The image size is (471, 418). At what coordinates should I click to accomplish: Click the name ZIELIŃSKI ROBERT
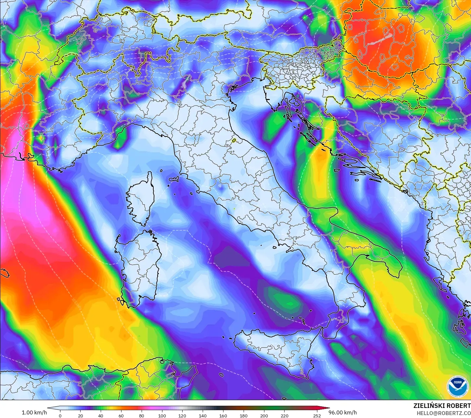tap(442, 406)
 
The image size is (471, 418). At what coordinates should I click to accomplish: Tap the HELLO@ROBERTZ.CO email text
tap(444, 413)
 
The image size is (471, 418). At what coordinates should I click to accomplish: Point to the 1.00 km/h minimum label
tap(34, 412)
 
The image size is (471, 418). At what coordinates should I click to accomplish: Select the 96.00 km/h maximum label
tap(342, 412)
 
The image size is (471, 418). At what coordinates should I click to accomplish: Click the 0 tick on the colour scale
tap(60, 415)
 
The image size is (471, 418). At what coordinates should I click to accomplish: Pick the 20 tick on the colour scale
tap(81, 415)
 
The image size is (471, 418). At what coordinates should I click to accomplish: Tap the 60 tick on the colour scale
tap(121, 415)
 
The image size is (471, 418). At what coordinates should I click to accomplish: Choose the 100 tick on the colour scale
tap(162, 415)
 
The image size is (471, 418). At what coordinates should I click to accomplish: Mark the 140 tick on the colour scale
tap(203, 415)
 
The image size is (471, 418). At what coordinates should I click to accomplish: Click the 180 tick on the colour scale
tap(244, 415)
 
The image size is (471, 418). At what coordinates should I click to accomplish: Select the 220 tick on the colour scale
tap(284, 415)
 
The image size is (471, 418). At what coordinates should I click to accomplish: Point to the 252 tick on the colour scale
tap(317, 415)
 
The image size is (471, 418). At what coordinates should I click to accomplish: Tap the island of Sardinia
tap(140, 266)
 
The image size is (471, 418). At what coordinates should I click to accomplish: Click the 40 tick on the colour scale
tap(101, 415)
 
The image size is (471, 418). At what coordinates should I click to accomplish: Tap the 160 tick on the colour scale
tap(223, 415)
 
